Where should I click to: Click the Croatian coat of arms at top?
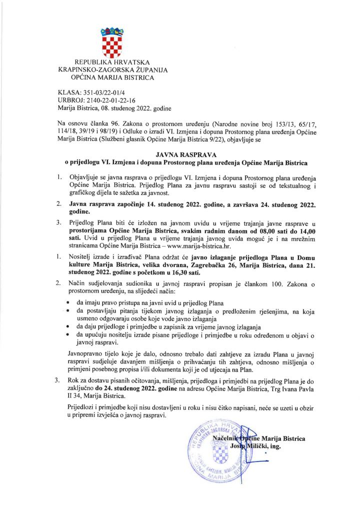coord(112,41)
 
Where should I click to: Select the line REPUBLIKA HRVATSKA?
coord(112,62)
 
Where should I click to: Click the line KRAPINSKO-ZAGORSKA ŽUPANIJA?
coord(112,70)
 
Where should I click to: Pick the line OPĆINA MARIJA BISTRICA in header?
coord(112,78)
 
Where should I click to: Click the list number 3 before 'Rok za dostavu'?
coord(58,381)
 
